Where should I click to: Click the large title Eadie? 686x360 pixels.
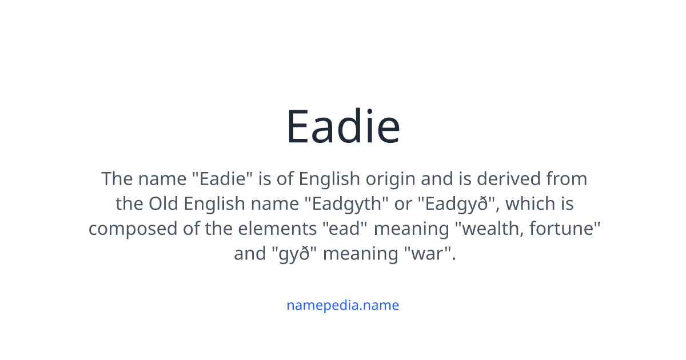pos(343,126)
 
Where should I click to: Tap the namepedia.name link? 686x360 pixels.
pos(343,305)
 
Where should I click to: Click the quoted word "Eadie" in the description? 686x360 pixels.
pos(221,179)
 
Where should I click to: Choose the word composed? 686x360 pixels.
pos(131,229)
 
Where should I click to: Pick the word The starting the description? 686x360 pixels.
pos(117,179)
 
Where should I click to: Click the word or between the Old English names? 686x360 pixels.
pos(403,204)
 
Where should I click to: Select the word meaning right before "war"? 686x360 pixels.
pos(361,254)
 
